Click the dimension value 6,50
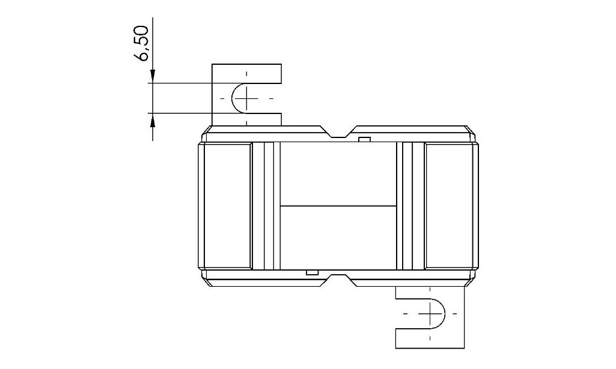tap(141, 44)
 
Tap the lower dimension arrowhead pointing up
tap(153, 119)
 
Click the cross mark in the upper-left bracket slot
tap(247, 98)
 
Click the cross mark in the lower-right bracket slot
tap(430, 313)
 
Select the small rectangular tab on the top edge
tap(365, 139)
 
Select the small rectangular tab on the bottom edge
tap(313, 272)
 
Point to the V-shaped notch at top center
tap(338, 132)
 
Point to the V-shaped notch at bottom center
tap(338, 280)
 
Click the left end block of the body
tap(228, 206)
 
